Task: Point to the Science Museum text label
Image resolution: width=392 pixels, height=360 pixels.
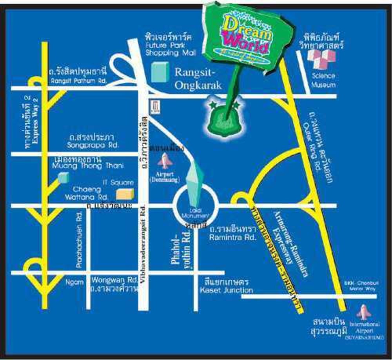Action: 323,80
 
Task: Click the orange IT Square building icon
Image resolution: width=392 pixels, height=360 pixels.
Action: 125,194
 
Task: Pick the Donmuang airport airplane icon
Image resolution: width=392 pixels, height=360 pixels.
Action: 166,160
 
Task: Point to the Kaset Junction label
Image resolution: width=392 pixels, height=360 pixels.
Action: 226,290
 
